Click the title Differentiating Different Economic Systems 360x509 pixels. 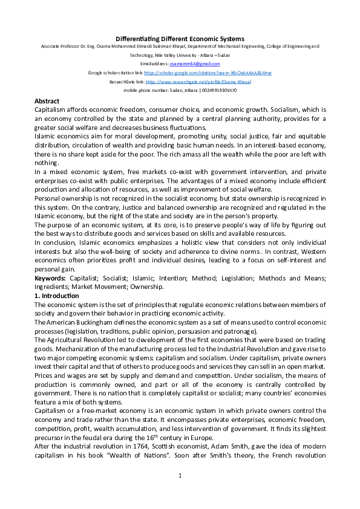(x=180, y=39)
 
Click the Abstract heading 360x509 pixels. (x=47, y=101)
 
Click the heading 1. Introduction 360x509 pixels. (x=56, y=296)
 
